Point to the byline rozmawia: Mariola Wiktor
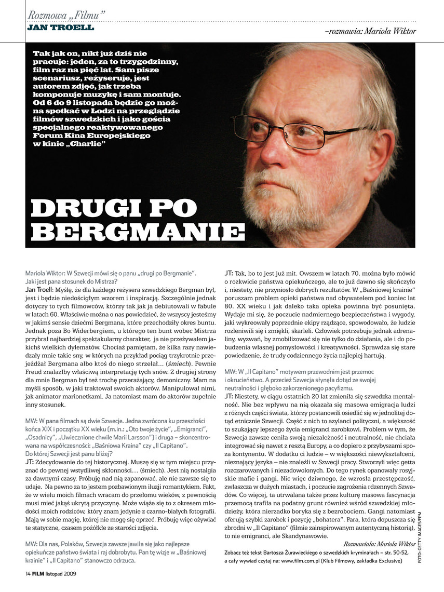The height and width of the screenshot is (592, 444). pos(370,31)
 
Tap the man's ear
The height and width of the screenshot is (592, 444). pos(374,135)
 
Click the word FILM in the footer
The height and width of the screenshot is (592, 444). pos(43,573)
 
